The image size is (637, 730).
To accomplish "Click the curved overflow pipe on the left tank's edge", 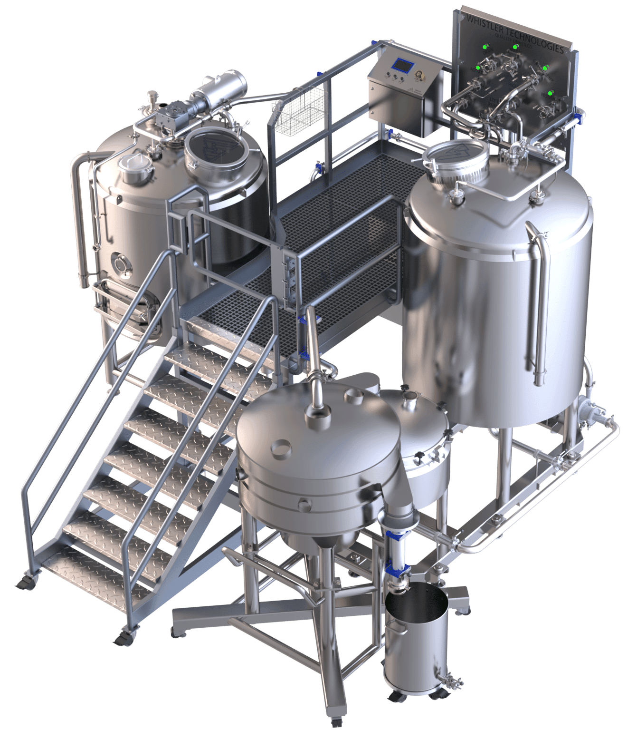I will [82, 219].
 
